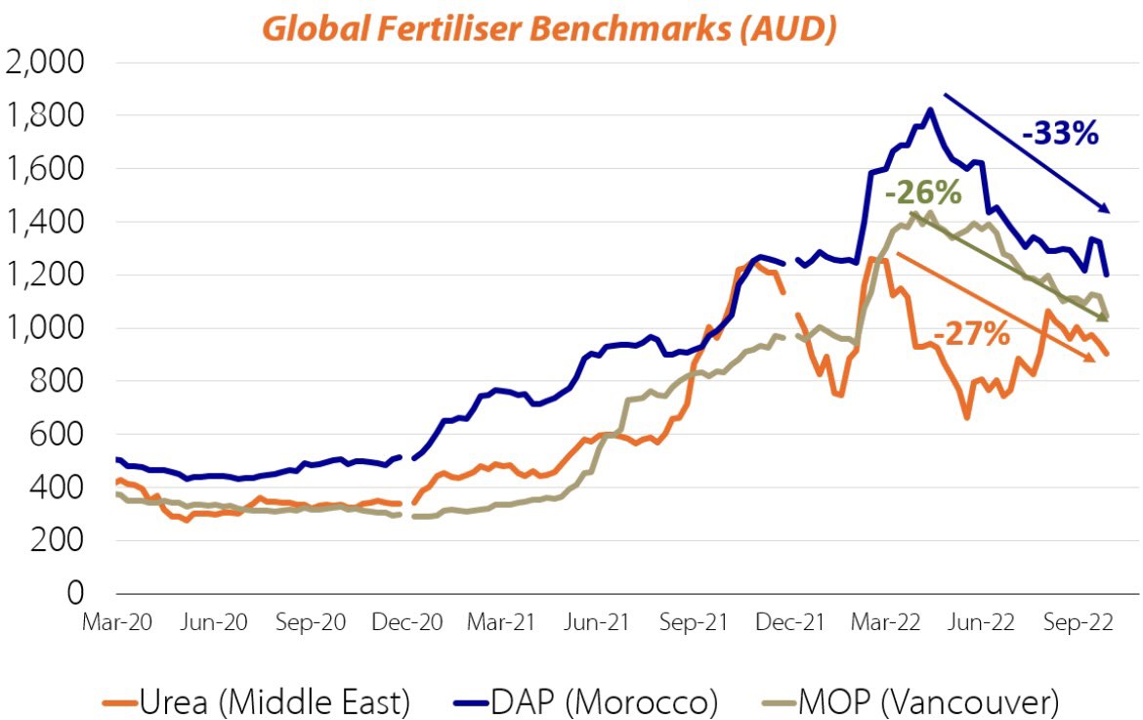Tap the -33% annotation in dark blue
1061,132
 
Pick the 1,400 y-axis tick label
47,223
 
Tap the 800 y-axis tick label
60,382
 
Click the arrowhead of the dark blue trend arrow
1106,208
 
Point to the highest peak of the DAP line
929,109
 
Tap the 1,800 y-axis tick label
47,116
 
